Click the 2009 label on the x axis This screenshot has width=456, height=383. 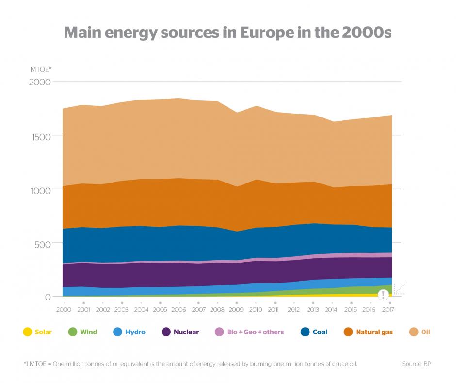click(x=237, y=309)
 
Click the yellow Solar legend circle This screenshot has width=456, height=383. click(x=28, y=332)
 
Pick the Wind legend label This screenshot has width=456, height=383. click(x=88, y=332)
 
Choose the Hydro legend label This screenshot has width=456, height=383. click(x=135, y=332)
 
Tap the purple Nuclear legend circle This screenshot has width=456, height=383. click(x=166, y=332)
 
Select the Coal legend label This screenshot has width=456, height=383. click(x=320, y=332)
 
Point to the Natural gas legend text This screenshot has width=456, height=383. click(x=374, y=332)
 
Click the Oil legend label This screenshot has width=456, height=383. click(x=425, y=332)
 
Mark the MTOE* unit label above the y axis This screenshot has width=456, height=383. click(x=41, y=69)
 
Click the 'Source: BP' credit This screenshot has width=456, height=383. click(x=417, y=363)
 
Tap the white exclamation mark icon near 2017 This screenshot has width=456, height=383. click(x=383, y=294)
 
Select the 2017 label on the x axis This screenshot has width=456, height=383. click(x=389, y=309)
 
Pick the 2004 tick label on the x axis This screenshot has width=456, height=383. click(x=141, y=309)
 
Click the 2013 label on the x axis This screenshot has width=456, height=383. click(x=312, y=309)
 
